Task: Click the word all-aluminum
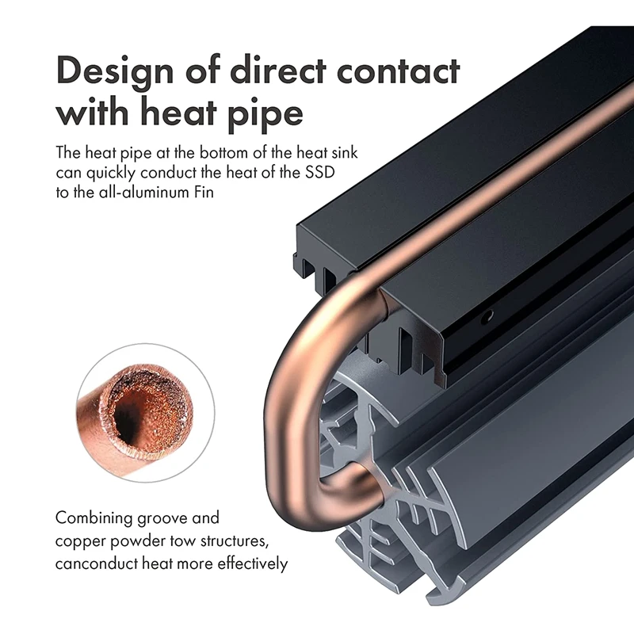point(139,192)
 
